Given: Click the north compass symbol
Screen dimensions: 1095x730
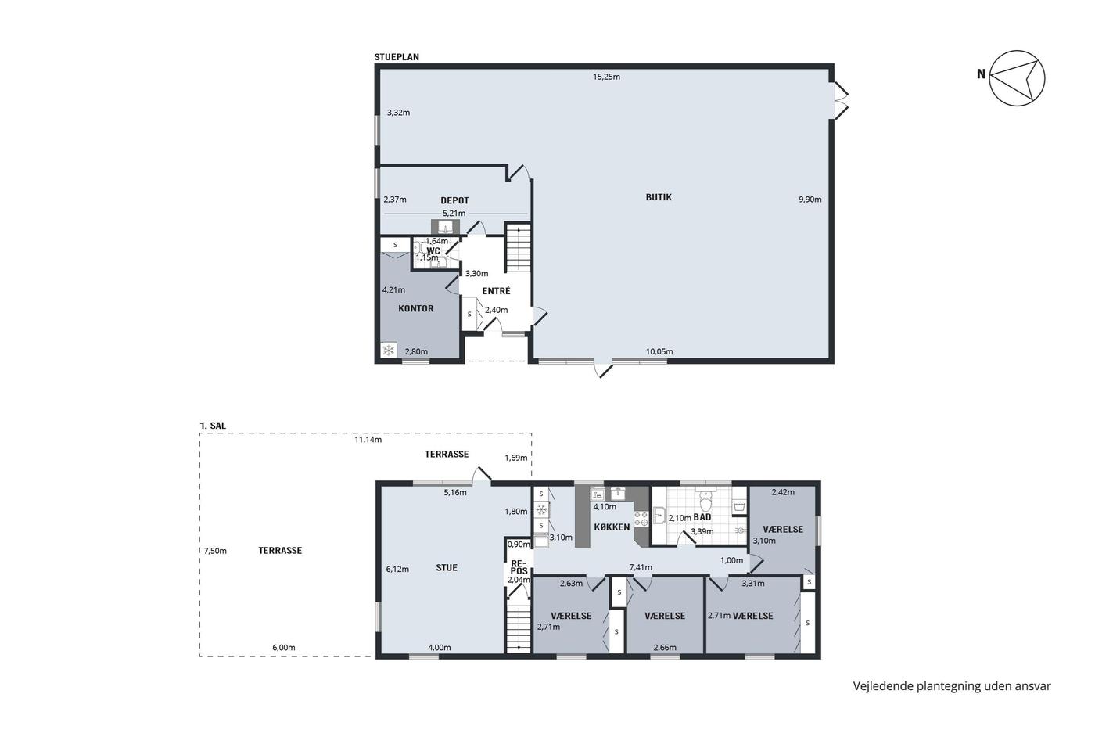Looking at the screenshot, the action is tap(1017, 78).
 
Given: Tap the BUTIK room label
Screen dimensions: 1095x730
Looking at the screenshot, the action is tap(659, 197).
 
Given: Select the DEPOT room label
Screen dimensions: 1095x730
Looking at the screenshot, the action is tap(454, 200).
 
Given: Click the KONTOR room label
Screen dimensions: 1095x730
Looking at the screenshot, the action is tap(416, 308).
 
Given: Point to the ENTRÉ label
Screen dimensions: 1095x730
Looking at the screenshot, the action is tap(496, 291).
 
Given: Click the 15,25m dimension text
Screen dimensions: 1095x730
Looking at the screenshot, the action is tap(606, 77).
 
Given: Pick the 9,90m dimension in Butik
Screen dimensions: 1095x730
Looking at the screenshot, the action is tap(810, 200).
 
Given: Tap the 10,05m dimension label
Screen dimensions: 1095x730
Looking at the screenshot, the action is tap(659, 351).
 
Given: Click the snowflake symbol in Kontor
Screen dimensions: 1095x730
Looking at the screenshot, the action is tap(389, 350).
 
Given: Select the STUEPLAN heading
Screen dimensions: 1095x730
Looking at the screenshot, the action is tap(397, 57).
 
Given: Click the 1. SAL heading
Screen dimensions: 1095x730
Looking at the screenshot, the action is tap(213, 426).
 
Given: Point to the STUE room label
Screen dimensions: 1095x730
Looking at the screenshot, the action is tap(447, 568).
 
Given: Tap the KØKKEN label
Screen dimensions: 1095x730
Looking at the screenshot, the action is tap(612, 527).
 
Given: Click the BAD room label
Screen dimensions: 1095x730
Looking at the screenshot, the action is tap(702, 517).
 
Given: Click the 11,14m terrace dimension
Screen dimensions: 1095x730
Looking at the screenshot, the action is tap(368, 440).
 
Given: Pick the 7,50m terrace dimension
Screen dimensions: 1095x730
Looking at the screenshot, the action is tap(215, 551).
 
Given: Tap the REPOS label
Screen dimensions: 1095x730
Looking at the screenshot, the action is tap(519, 567).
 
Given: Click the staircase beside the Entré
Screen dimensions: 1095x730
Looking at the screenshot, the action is tap(518, 247).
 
